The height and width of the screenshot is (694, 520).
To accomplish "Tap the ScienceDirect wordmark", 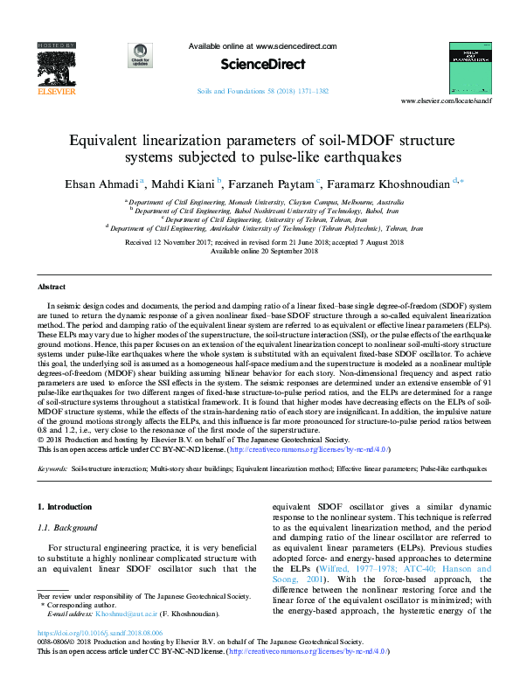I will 262,64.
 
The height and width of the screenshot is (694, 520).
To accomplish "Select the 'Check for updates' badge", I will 137,53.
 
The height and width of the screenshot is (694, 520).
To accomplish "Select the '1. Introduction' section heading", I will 67,507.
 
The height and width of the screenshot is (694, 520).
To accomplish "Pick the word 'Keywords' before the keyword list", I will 52,469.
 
